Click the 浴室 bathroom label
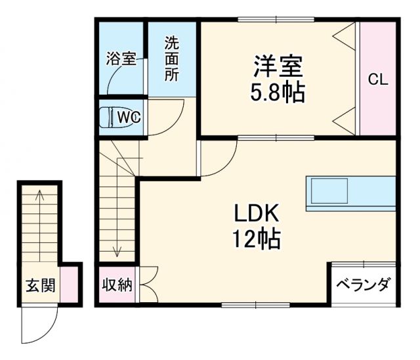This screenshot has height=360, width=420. (x=121, y=58)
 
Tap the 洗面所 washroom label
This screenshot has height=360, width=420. (x=171, y=58)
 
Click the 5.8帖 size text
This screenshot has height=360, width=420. (x=278, y=93)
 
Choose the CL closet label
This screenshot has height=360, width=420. (x=377, y=80)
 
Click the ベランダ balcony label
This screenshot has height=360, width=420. (x=363, y=285)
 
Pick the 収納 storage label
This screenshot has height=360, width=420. (x=117, y=285)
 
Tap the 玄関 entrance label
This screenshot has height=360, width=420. (x=40, y=286)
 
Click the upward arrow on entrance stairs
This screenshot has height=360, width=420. (x=39, y=197)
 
